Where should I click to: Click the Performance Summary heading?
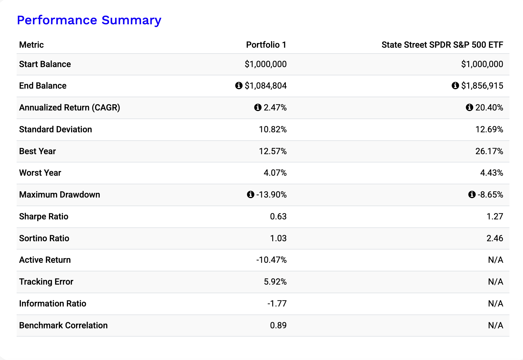[89, 20]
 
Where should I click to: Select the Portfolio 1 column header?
[266, 45]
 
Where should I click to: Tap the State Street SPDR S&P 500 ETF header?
[442, 45]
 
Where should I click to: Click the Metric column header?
[31, 45]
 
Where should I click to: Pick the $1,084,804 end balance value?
[265, 86]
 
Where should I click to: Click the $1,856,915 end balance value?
[482, 86]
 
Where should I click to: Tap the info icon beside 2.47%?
[258, 107]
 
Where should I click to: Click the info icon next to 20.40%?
[469, 107]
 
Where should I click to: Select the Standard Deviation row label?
[56, 129]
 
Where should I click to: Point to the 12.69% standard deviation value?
[489, 129]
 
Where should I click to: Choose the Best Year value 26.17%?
[489, 151]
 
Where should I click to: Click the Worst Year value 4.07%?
[275, 173]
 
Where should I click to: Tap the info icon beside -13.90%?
[250, 194]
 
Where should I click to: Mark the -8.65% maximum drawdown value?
[490, 195]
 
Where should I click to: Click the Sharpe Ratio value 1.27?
[495, 216]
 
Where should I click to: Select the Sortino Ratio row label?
[44, 238]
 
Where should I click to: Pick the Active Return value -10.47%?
[271, 260]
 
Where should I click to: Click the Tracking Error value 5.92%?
[275, 282]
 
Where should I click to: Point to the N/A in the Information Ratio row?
[495, 303]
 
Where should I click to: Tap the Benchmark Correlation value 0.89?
[278, 326]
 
